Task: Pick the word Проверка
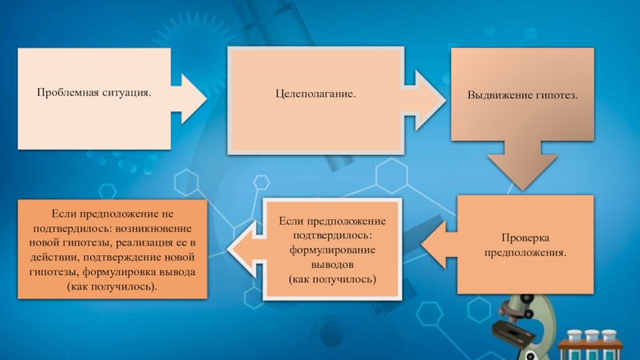pyautogui.click(x=525, y=238)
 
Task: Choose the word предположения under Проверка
pyautogui.click(x=525, y=252)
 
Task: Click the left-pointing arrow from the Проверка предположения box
pyautogui.click(x=437, y=244)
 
